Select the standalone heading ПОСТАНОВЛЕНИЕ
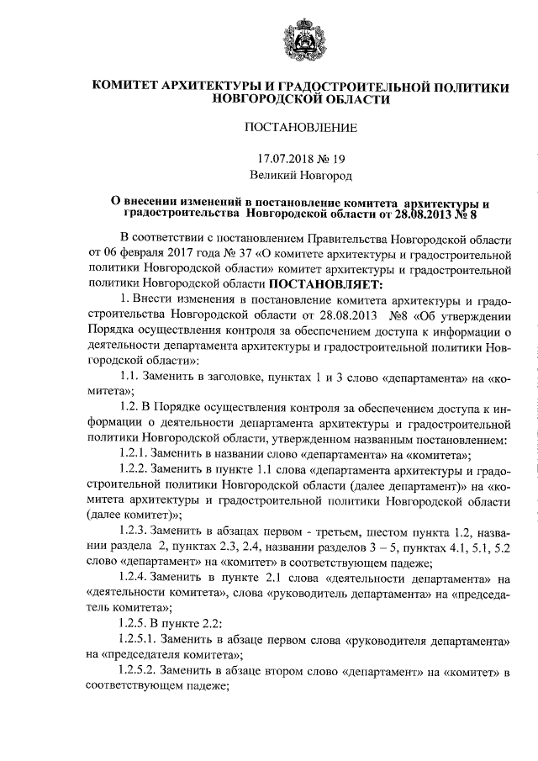(300, 128)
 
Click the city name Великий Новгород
(300, 176)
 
